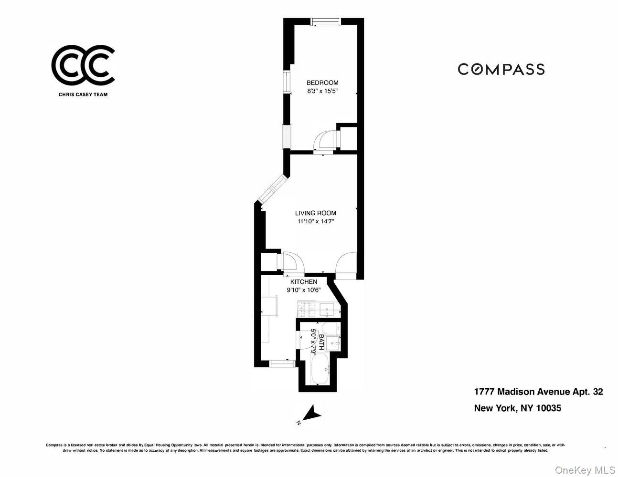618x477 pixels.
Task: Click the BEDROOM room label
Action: click(x=322, y=83)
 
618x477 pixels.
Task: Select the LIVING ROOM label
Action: click(x=315, y=213)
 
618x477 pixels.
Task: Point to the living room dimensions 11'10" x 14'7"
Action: click(x=315, y=221)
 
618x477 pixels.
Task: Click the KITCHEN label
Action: click(x=304, y=282)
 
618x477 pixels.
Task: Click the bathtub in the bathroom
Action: click(x=319, y=369)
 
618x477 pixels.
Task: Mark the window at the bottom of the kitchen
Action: click(x=282, y=364)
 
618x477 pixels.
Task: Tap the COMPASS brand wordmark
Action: click(x=501, y=69)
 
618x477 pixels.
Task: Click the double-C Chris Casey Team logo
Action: click(x=83, y=65)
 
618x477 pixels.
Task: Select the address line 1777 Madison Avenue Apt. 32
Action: click(x=538, y=392)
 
